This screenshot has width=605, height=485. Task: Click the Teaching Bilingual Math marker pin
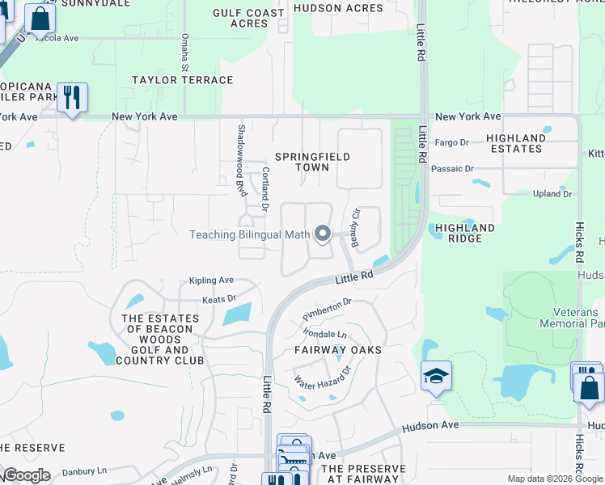[x=323, y=234]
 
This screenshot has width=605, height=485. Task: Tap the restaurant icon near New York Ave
[x=72, y=98]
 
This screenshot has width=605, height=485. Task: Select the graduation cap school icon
[x=436, y=376]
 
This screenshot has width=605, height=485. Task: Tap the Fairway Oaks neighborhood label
[x=342, y=350]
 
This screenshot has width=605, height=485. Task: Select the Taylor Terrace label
[x=183, y=80]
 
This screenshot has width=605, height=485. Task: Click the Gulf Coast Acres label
[x=249, y=19]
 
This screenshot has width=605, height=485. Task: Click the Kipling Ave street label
[x=211, y=280]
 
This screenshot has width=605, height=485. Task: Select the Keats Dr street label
[x=218, y=299]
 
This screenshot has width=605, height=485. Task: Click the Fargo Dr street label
[x=452, y=143]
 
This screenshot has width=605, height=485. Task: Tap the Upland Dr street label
[x=552, y=194]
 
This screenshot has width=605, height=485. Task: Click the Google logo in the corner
[x=26, y=475]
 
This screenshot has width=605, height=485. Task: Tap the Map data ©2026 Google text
[x=553, y=479]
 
